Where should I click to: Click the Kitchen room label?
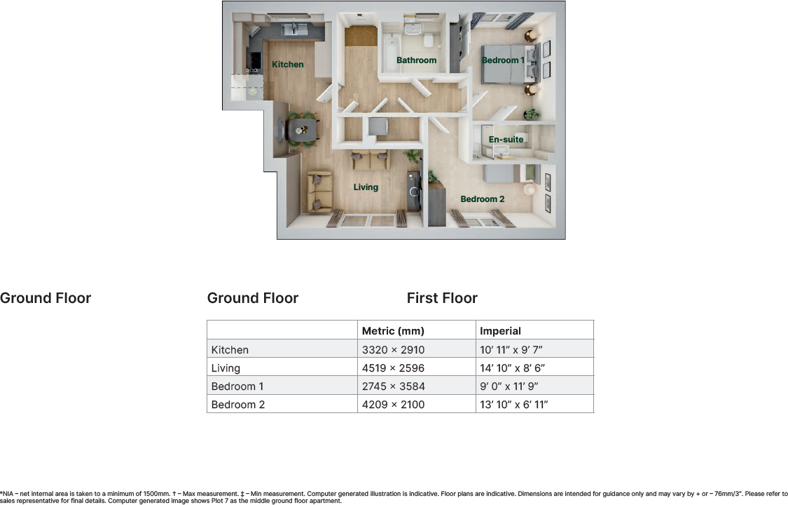coord(288,65)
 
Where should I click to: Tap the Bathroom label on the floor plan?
coord(416,60)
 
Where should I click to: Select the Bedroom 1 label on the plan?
coord(502,60)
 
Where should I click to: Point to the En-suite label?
coord(506,140)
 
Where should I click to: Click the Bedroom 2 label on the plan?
coord(482,199)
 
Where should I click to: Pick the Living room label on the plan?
coord(366,187)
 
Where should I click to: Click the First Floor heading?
coord(442,298)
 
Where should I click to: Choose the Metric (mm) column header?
coord(393,331)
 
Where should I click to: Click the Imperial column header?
coord(500,331)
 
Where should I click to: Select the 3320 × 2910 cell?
coord(393,349)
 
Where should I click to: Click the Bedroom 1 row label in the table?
coord(237,386)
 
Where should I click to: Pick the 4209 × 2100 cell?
coord(393,404)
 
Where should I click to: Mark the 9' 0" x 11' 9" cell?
coord(511,386)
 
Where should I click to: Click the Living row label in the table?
coord(226,368)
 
